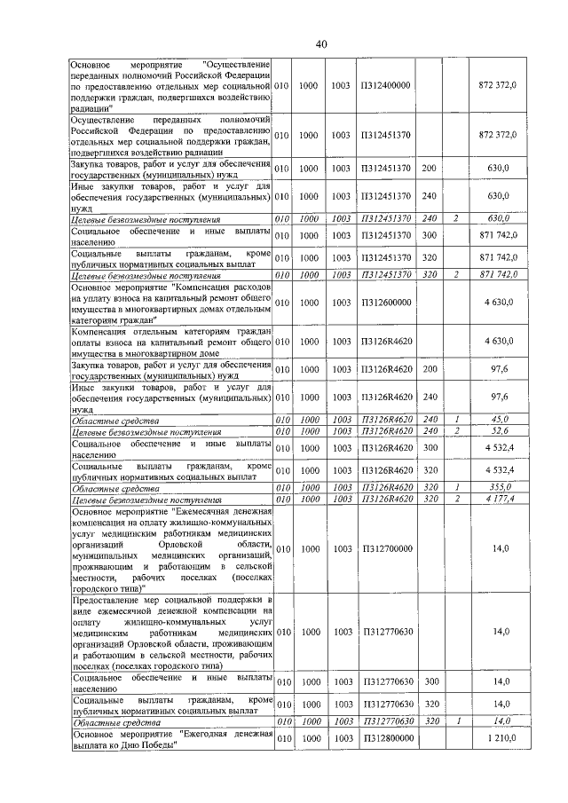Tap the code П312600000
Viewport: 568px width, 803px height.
[x=385, y=303]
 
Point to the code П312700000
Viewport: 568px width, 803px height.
[x=385, y=549]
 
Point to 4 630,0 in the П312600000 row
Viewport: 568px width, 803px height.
[x=502, y=303]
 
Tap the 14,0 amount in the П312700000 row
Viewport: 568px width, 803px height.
[x=501, y=549]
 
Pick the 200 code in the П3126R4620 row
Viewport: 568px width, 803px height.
[x=429, y=368]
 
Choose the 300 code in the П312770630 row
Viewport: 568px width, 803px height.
[x=429, y=681]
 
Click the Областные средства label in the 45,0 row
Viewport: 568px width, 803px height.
[x=115, y=420]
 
